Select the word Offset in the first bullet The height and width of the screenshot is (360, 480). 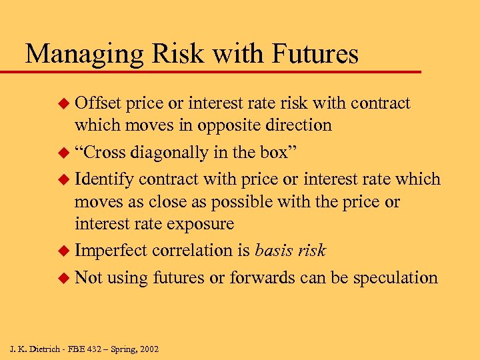[97, 103]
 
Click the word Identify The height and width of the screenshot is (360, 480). [105, 179]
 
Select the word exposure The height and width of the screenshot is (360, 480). [200, 223]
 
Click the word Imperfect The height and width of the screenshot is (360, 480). [111, 250]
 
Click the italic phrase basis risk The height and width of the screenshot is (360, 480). [291, 250]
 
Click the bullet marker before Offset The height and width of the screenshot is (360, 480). [64, 104]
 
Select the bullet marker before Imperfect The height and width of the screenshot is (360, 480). [64, 251]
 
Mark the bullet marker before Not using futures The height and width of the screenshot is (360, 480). [64, 278]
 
